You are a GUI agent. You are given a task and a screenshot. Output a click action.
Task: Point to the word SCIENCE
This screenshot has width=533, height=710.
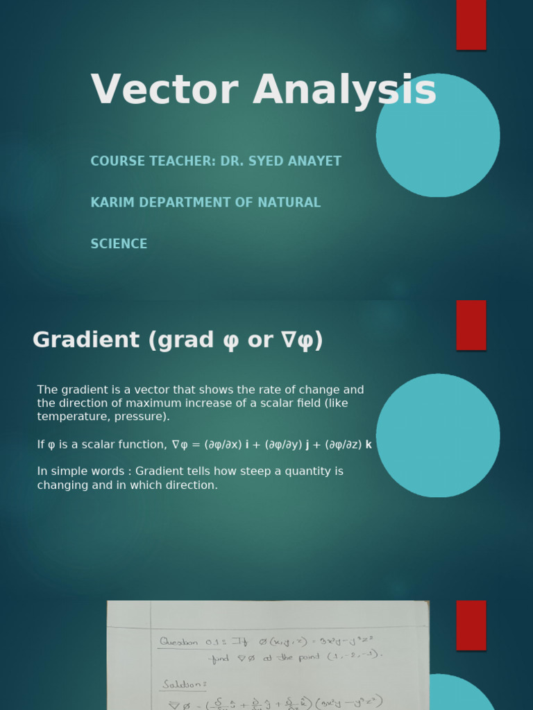tap(119, 244)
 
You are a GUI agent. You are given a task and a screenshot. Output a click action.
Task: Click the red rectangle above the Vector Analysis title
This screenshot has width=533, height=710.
tap(471, 24)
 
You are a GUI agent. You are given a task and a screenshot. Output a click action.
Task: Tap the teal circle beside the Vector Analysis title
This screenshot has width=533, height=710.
tap(437, 135)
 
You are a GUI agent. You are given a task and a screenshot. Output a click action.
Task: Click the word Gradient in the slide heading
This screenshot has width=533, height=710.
tap(85, 340)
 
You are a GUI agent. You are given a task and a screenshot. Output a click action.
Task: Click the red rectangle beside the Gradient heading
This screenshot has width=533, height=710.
tap(471, 325)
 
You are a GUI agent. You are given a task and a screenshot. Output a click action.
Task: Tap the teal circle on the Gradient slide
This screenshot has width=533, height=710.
tap(437, 435)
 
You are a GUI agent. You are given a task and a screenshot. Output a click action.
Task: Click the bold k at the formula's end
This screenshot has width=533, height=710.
tap(369, 444)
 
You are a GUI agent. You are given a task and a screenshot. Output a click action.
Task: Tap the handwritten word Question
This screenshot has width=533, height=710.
tap(179, 642)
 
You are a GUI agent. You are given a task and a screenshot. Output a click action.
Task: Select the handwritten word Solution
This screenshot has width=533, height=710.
tap(184, 684)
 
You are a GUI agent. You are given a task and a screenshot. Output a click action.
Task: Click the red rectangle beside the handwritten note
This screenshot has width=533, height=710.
tap(471, 625)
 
